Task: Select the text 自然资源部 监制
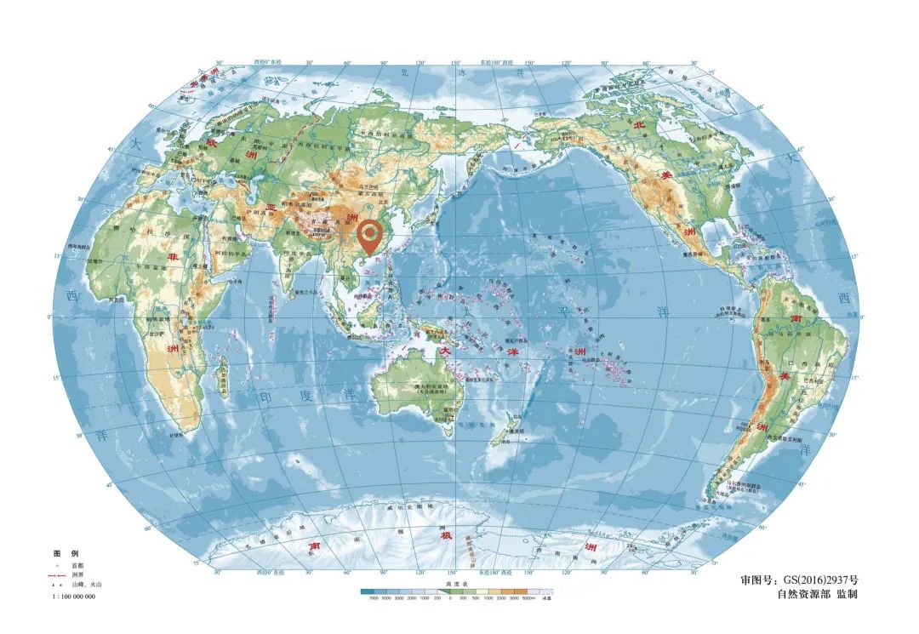tap(817, 594)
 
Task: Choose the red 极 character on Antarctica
tap(444, 535)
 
